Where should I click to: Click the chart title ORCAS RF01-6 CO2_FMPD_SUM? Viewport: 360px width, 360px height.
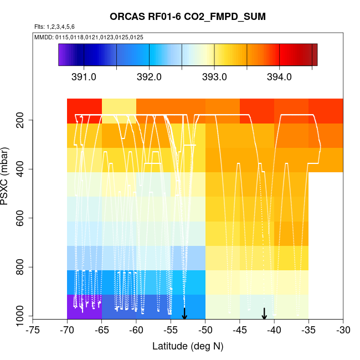pos(188,17)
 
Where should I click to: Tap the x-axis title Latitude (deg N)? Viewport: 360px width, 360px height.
pos(188,346)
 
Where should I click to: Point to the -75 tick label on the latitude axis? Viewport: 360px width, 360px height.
pos(33,331)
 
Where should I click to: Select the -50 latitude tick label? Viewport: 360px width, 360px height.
pos(205,331)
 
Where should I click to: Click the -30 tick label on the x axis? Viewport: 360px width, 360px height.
pos(343,331)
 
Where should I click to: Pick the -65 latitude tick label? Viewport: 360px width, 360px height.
pos(102,331)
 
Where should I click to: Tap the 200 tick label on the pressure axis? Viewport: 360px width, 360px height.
pos(23,120)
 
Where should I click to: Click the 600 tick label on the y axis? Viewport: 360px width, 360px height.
pos(23,218)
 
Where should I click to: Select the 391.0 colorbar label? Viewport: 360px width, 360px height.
pos(84,77)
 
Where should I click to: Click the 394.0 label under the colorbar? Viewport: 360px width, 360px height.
pos(279,77)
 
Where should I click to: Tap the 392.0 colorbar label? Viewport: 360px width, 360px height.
pos(149,77)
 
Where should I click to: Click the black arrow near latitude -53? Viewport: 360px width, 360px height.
pos(184,313)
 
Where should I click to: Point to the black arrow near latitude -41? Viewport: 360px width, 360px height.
pos(264,313)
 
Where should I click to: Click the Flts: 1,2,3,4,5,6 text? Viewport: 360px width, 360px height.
pos(54,27)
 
